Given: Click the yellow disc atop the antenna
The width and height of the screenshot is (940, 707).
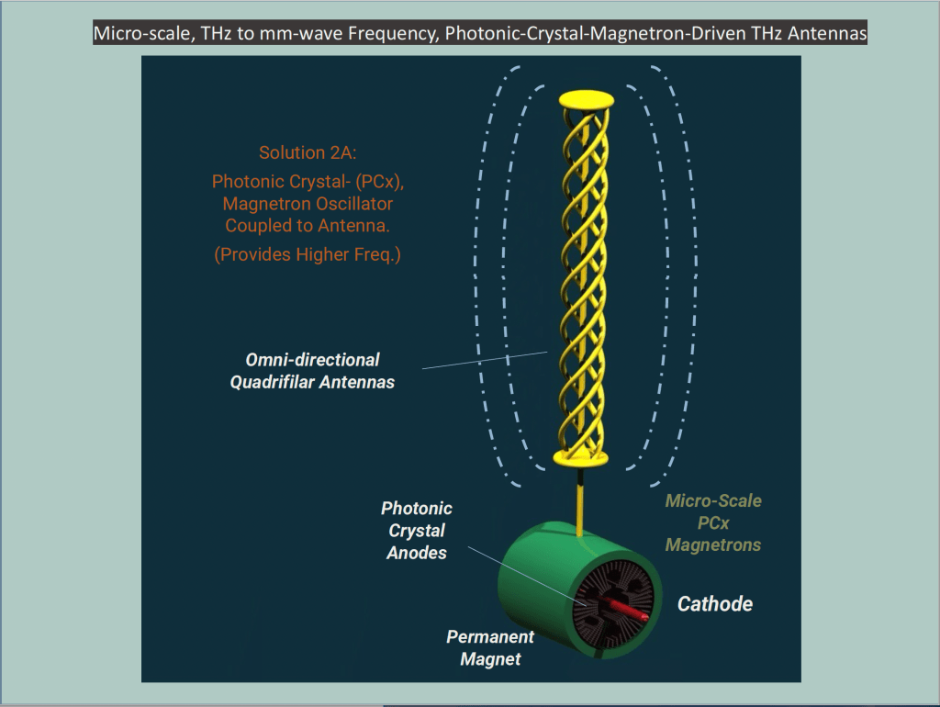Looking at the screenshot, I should point(586,98).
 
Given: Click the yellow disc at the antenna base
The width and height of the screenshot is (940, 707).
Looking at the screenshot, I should point(580,455).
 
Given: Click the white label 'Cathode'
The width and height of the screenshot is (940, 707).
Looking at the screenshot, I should point(714,604).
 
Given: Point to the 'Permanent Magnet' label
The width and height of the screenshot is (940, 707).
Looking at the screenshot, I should point(490,647).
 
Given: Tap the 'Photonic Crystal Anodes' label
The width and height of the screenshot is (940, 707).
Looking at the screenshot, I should point(417,531).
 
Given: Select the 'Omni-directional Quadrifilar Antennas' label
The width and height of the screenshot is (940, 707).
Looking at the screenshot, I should point(312,371).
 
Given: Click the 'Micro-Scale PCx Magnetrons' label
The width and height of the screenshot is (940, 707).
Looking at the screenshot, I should point(713,523).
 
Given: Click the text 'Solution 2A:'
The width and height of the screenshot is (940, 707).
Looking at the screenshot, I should point(307,152).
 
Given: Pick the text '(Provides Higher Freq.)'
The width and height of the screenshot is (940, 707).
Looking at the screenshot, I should point(307,254).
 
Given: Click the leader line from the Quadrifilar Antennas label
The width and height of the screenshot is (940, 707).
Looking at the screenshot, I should point(487,360).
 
